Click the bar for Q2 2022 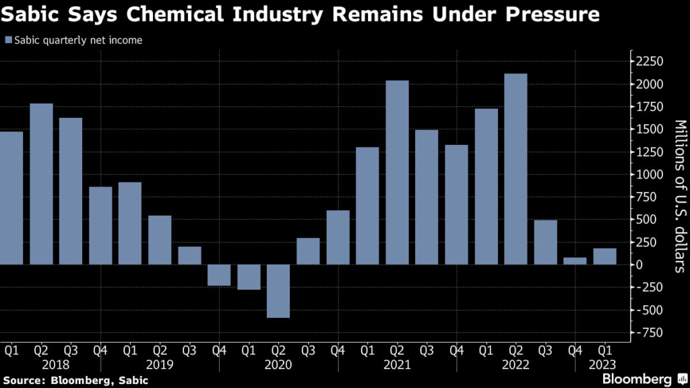coord(515,168)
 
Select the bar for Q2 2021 coord(397,172)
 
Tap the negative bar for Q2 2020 coord(278,291)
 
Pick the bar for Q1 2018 coord(11,198)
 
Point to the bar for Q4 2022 coord(575,261)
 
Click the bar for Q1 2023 coord(604,257)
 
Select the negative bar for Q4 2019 coord(219,275)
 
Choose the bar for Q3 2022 coord(545,243)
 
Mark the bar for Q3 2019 coord(189,255)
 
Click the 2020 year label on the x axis coord(278,364)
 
